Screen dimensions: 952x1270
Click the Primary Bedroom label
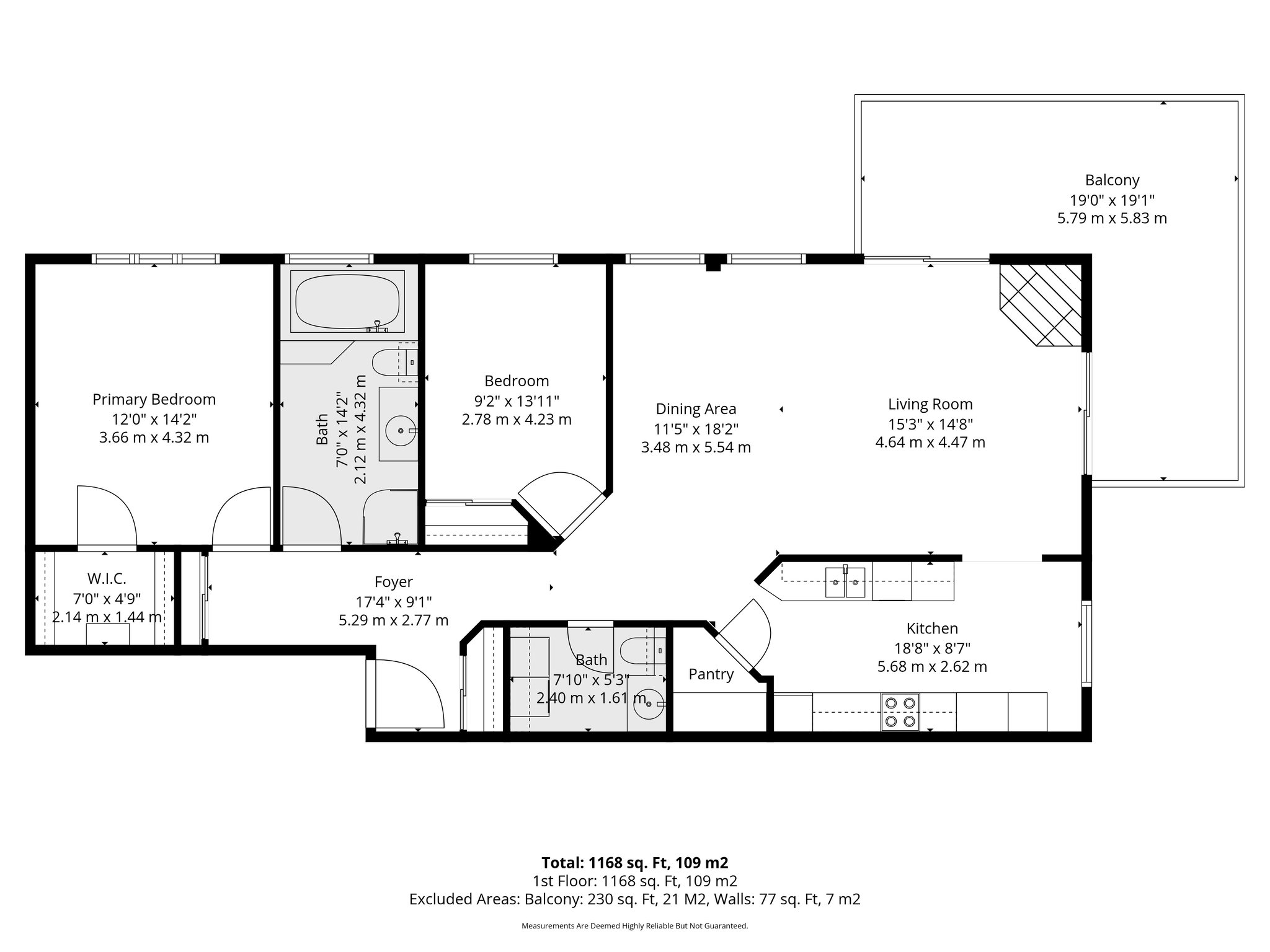[x=154, y=399]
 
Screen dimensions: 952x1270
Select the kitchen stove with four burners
[x=900, y=712]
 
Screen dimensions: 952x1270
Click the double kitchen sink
[x=845, y=582]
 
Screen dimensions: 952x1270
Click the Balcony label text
[x=1112, y=180]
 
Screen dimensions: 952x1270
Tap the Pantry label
[x=711, y=674]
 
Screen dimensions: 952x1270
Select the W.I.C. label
[x=107, y=579]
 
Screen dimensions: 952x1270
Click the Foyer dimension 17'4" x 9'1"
[x=394, y=601]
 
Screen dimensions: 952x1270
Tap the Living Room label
[x=930, y=405]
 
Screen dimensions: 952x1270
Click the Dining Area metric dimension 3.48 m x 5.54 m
[x=696, y=447]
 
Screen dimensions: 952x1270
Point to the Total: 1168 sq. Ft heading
[x=634, y=863]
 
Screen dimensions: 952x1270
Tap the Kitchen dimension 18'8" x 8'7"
[x=932, y=648]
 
